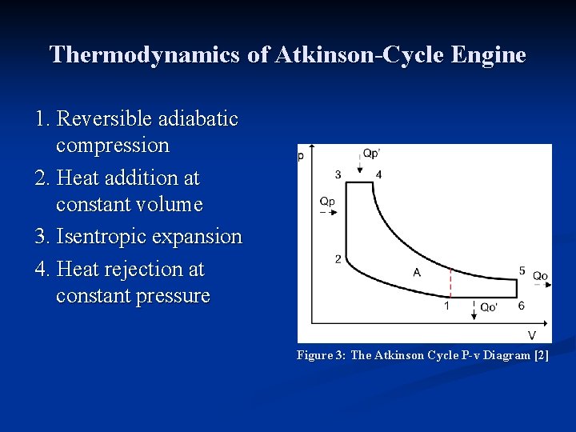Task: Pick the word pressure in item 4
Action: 173,296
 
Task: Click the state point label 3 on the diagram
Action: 338,174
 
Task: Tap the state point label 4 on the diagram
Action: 378,174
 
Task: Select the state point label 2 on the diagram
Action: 338,258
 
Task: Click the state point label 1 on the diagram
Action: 446,306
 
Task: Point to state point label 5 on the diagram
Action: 522,271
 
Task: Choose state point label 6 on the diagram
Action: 522,306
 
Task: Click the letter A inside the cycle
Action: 417,273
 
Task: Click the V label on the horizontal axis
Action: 531,335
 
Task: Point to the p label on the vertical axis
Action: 301,155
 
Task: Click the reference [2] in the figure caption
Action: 541,355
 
